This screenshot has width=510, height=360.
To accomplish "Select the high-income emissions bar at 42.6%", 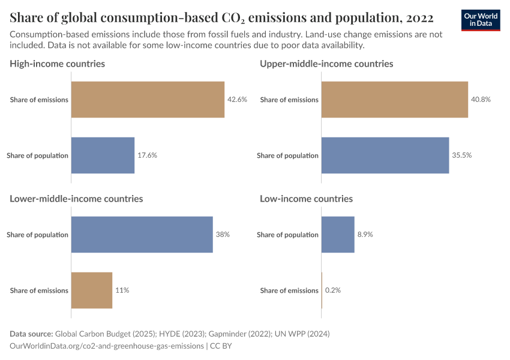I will [x=148, y=100].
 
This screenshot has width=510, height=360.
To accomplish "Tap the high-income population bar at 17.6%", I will [x=103, y=155].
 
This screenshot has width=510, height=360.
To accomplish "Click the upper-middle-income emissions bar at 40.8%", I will [x=394, y=100].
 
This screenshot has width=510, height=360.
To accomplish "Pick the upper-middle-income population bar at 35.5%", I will [x=385, y=155].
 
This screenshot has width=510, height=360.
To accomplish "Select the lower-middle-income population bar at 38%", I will [x=142, y=235].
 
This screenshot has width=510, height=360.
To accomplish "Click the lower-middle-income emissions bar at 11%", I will [x=92, y=290].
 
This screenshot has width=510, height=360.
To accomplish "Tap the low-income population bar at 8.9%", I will [x=338, y=235].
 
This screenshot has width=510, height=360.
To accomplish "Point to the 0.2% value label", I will [x=332, y=290].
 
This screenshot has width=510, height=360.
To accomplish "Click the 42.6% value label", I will [x=237, y=100].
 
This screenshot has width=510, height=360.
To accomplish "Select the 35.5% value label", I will [x=461, y=155].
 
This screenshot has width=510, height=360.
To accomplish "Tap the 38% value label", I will [x=223, y=235].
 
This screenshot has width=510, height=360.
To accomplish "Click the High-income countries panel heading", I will [x=58, y=64].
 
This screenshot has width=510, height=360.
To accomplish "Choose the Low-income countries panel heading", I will [x=306, y=199].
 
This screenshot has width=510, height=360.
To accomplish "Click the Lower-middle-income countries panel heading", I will [x=76, y=199].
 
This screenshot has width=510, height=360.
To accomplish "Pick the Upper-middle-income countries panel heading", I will [x=326, y=64].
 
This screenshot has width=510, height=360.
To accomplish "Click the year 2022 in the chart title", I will [x=419, y=16].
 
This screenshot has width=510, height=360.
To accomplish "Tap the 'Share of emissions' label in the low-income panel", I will [x=289, y=290].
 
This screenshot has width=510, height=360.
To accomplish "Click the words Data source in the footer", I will [x=31, y=334].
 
